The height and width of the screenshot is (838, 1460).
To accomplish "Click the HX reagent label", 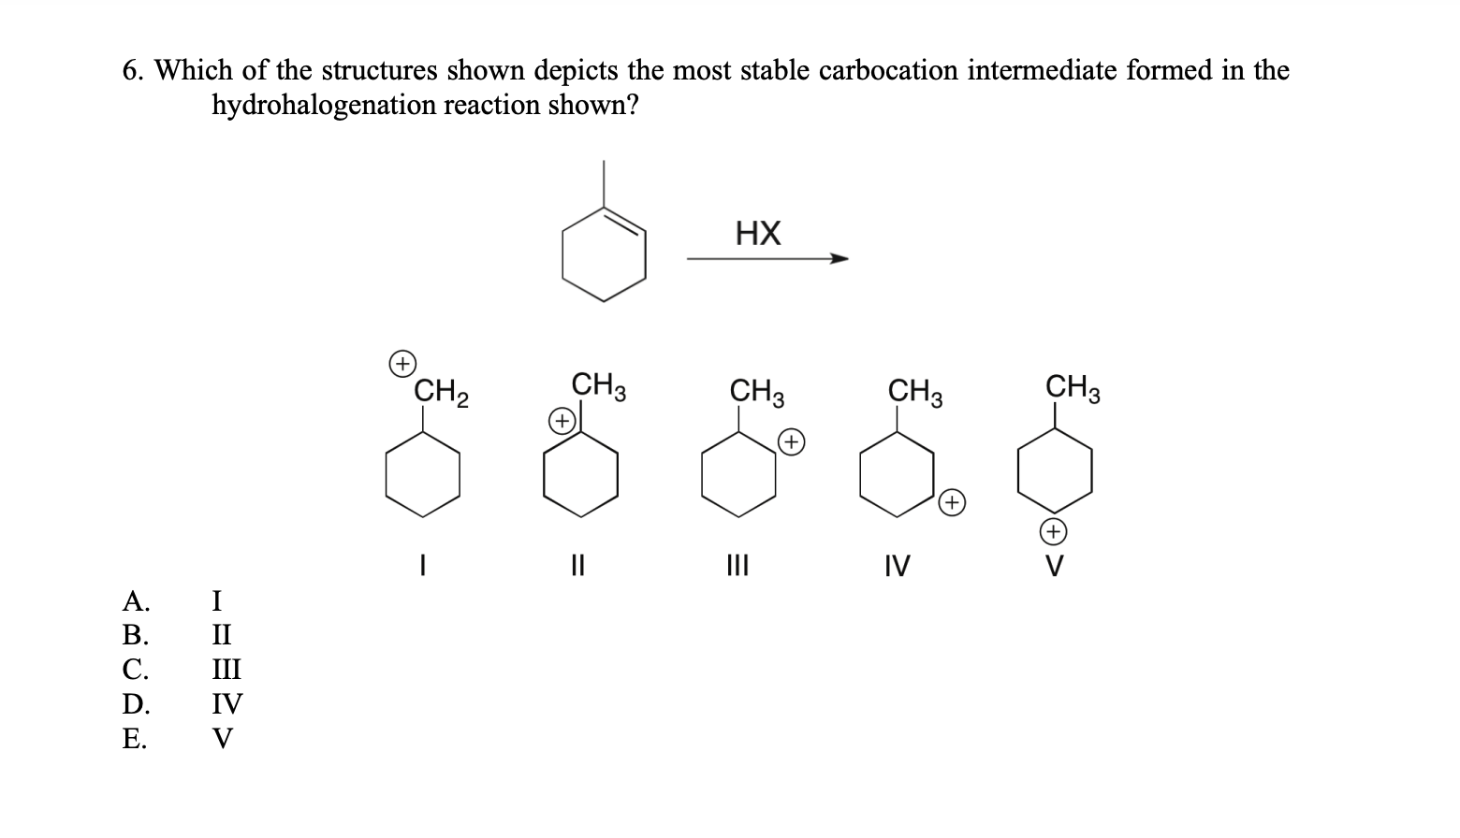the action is coord(758,233).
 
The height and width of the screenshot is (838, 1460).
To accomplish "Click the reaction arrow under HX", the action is coord(767,259).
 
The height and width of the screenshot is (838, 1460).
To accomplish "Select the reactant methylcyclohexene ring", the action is coord(604,253).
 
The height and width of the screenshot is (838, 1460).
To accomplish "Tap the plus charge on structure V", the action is coord(1054,532).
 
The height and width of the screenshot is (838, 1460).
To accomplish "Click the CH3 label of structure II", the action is coord(599,385).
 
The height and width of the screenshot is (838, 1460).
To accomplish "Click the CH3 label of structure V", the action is coord(1073,386).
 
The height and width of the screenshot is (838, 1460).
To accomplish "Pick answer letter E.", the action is coord(134,740).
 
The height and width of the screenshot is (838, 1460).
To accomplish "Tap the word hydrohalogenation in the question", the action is coord(324,106).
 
